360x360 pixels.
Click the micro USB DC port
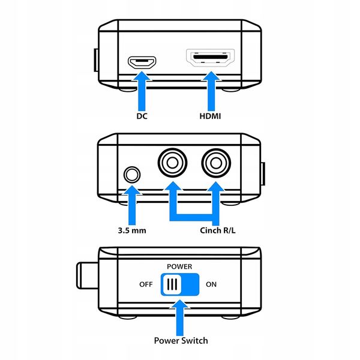tap(142, 61)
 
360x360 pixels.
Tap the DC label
tap(142, 115)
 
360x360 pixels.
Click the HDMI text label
tap(211, 115)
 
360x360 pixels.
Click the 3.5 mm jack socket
tap(132, 175)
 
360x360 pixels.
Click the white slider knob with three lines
tap(171, 284)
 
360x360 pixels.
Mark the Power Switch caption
tap(181, 340)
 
